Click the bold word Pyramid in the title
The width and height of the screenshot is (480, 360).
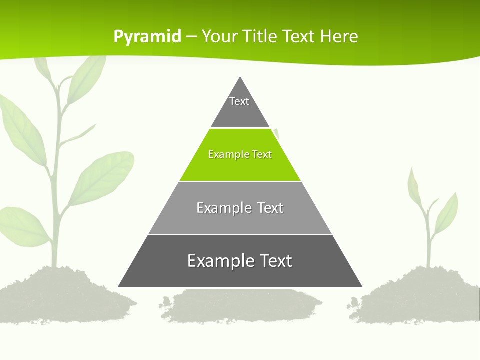147,36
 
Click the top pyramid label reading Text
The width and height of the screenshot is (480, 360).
239,101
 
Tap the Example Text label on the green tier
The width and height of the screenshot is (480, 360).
240,154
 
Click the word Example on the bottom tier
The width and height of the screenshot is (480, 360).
218,261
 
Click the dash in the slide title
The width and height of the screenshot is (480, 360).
191,37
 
